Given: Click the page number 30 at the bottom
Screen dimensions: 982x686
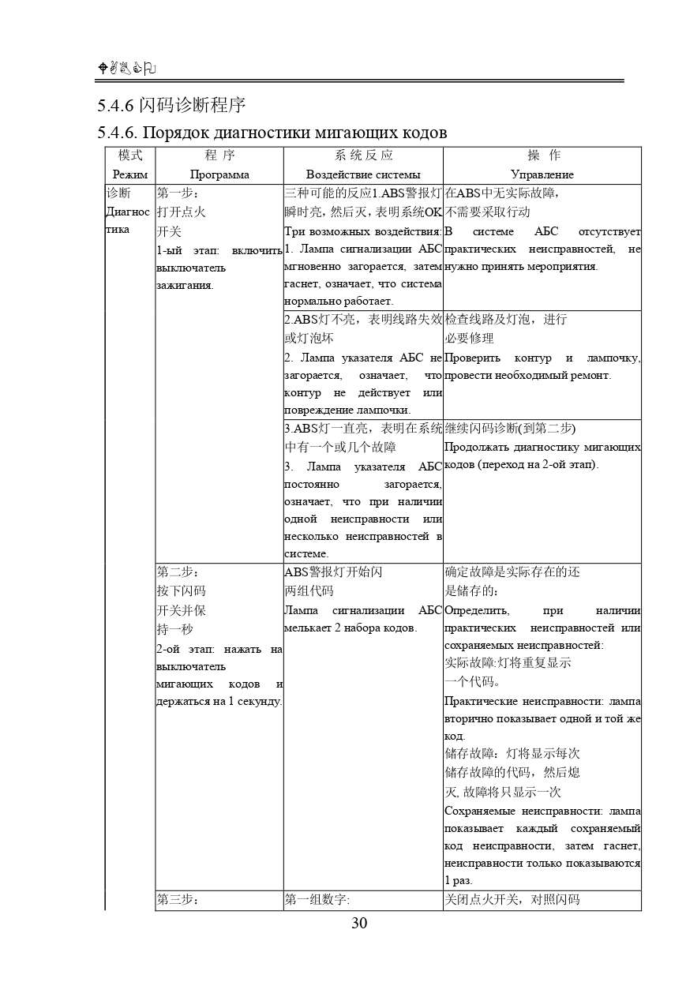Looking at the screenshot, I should click(359, 924).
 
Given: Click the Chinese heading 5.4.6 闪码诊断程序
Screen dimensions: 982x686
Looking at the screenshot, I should click(171, 106).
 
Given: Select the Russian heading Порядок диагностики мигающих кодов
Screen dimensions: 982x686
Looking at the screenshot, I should click(272, 133).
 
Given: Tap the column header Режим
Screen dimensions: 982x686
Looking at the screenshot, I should click(130, 174).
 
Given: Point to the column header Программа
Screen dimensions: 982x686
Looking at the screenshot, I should click(219, 174).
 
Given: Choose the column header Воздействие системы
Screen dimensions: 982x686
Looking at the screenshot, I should click(363, 174).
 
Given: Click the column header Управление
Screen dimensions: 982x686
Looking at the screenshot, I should click(542, 174).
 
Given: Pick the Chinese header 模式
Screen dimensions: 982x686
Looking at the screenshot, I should click(130, 156).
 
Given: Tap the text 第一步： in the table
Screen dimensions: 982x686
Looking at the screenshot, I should click(178, 193).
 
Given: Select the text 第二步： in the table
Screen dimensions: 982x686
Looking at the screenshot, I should click(178, 572).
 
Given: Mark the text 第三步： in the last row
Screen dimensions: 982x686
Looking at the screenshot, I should click(178, 899).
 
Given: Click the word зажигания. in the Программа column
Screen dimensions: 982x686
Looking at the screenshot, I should click(179, 284).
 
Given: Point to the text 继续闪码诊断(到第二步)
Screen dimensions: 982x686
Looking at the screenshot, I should click(510, 428).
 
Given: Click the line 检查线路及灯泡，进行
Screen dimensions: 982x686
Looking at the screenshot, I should click(506, 319).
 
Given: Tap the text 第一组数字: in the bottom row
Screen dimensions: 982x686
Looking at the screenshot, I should click(317, 899).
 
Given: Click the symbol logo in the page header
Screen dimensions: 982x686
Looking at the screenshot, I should click(126, 69).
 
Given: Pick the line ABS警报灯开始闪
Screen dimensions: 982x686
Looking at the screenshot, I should click(333, 572).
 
